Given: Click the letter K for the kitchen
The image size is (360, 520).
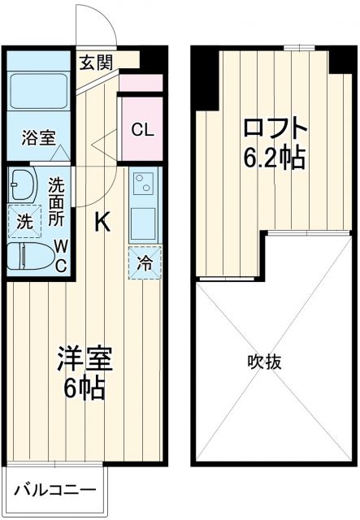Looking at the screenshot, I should (103, 220).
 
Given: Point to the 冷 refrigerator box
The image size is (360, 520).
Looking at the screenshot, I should (143, 263).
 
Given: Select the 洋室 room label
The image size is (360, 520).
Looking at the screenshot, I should (85, 357).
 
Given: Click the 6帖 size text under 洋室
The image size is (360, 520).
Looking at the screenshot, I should (85, 388).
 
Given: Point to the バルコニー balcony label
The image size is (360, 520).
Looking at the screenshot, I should (54, 491).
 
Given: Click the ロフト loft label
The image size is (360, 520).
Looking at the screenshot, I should (276, 128).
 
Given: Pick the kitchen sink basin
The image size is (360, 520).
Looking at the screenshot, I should (143, 218).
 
